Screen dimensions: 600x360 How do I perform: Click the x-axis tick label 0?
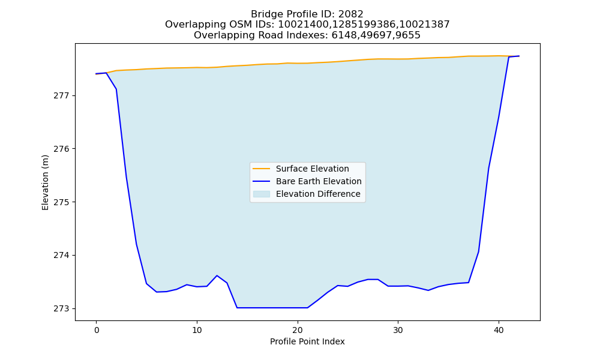(x=96, y=330)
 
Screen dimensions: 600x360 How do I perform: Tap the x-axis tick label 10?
(x=197, y=330)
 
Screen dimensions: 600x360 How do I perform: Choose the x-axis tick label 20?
(x=298, y=330)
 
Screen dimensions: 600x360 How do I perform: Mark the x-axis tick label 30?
(x=398, y=330)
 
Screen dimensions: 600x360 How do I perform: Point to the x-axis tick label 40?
(x=499, y=330)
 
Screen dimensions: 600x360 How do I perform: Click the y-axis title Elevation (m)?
(x=45, y=182)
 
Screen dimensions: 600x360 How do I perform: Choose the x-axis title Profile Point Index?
(x=307, y=341)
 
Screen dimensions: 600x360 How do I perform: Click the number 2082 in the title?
(x=350, y=14)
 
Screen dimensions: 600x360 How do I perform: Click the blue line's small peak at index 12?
(x=217, y=275)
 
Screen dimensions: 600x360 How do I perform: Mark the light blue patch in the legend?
(x=262, y=194)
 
